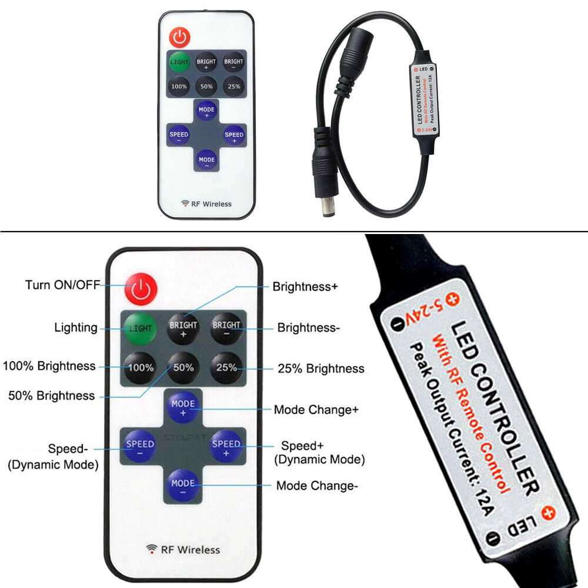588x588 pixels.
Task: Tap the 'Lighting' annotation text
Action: coord(76,328)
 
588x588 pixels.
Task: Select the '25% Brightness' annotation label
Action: coord(320,369)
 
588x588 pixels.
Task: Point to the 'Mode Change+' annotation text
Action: coord(316,409)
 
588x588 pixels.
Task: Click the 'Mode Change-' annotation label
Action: coord(317,486)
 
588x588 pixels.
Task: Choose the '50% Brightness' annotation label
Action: coord(51,396)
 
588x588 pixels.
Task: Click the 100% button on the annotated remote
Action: coord(141,368)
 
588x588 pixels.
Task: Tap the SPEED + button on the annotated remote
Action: coord(226,447)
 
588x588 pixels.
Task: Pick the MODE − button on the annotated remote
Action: coord(183,486)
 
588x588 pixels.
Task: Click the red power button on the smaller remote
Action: coord(180,38)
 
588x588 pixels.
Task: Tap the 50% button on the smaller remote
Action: coord(206,86)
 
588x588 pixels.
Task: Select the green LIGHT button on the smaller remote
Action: coord(179,62)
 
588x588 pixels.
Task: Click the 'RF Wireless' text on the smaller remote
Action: coord(206,204)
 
